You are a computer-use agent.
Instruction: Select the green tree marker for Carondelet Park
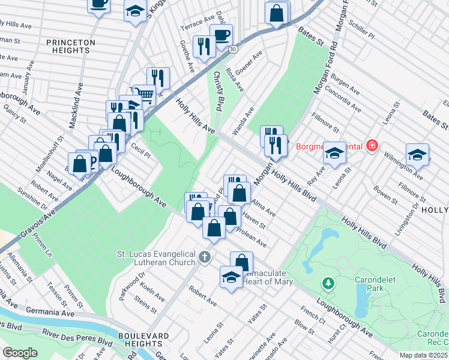point(328,282)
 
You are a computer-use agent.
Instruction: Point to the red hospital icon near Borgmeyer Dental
point(372,146)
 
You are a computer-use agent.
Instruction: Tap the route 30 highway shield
point(233,48)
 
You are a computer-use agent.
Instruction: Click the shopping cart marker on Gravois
point(144,94)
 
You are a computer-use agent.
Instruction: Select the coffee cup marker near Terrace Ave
point(220,34)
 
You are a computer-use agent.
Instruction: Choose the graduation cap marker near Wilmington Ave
point(417,154)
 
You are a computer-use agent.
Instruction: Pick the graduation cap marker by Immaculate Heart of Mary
point(230,277)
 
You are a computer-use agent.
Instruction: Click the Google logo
point(20,353)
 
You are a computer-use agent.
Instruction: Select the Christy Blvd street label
point(218,90)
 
